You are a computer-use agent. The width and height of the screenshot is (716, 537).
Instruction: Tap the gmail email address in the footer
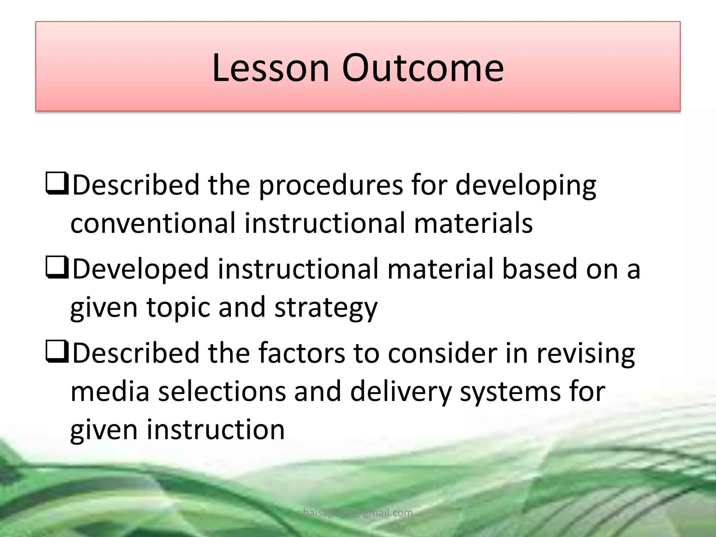pos(358,513)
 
